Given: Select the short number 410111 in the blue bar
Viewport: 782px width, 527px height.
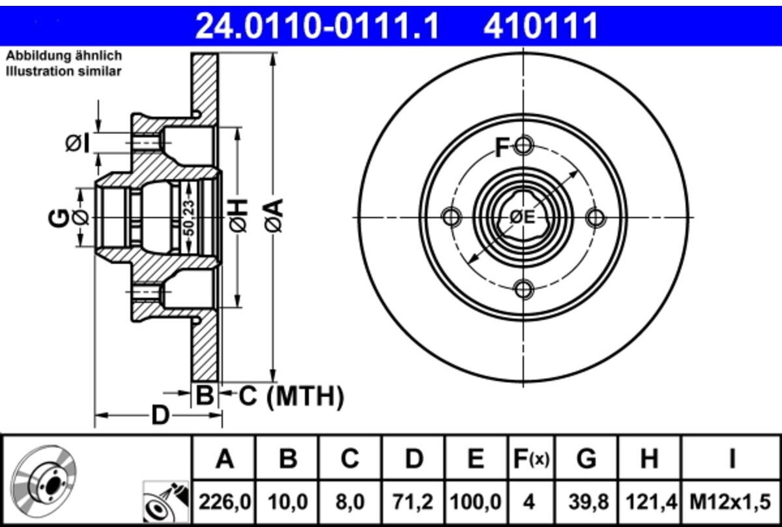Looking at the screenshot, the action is click(x=541, y=26).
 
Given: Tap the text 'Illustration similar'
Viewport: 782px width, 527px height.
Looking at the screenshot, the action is click(x=64, y=72).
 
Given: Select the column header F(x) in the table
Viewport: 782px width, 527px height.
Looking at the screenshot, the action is click(x=531, y=459).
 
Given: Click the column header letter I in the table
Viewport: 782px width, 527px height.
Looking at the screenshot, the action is click(x=732, y=459).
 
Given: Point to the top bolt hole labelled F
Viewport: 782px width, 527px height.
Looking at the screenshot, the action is click(x=524, y=145).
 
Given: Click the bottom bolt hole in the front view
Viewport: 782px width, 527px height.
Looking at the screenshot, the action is click(x=524, y=289).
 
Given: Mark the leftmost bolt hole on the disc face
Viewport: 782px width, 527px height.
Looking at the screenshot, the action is click(x=452, y=217).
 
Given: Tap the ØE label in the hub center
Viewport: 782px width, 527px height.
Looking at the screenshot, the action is click(x=522, y=217).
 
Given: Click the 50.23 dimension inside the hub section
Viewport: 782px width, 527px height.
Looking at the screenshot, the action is click(x=189, y=218).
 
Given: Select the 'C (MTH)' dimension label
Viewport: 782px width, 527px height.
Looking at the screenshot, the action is click(x=291, y=396).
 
